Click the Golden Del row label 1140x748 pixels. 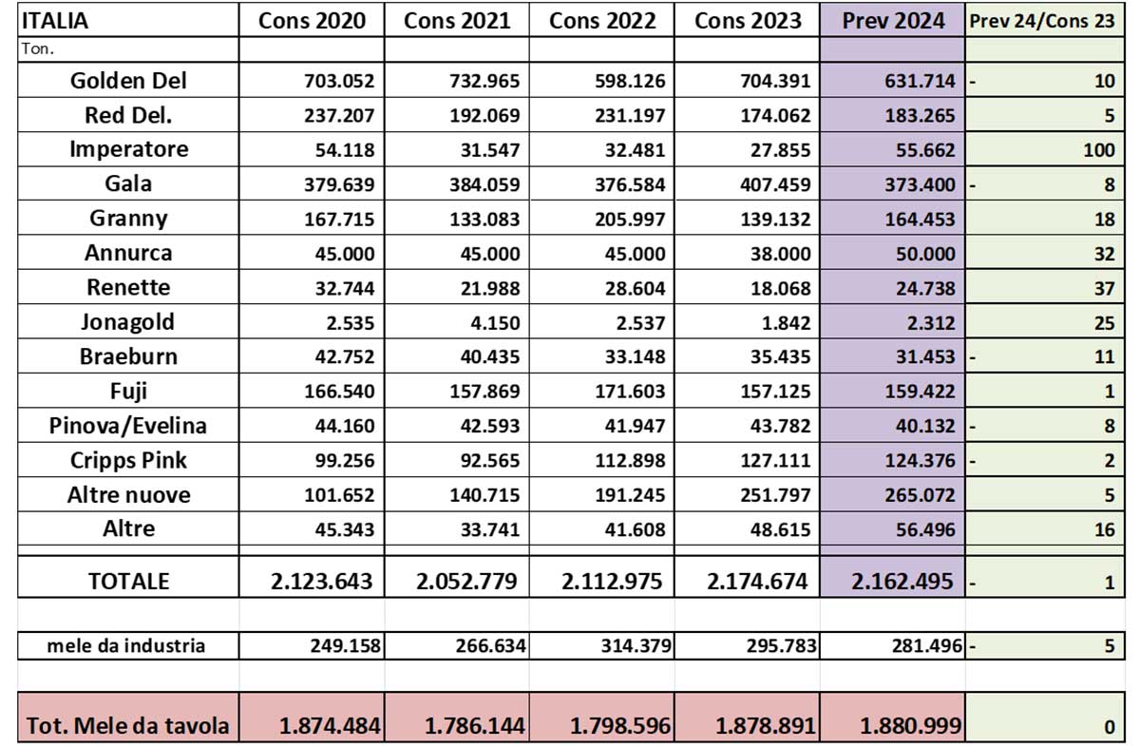point(128,81)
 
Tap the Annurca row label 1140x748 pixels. point(128,254)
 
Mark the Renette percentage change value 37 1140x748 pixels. point(1104,288)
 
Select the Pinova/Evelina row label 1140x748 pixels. point(128,426)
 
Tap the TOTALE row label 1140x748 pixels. point(128,582)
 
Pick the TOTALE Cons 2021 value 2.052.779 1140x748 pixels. point(466,582)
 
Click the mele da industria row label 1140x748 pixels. point(126,647)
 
